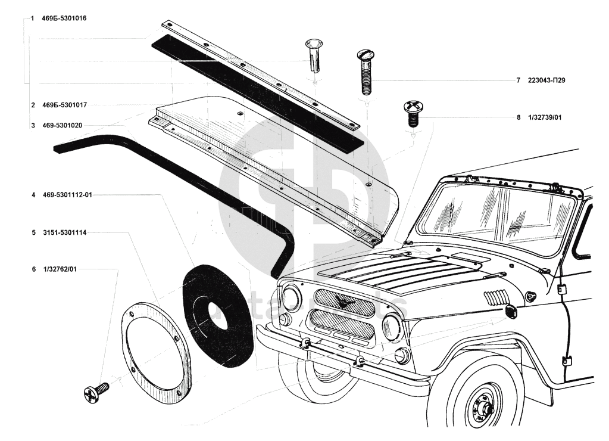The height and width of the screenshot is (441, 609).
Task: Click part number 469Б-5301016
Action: (x=64, y=19)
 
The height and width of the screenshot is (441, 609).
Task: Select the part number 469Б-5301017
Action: (x=64, y=105)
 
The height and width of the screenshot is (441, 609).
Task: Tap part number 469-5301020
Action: (x=62, y=126)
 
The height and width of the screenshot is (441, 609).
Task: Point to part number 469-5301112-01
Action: (x=70, y=195)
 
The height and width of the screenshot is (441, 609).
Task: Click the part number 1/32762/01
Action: (x=60, y=269)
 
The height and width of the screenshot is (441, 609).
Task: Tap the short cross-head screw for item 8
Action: (x=412, y=113)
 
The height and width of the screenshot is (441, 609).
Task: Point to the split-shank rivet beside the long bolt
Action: (x=314, y=56)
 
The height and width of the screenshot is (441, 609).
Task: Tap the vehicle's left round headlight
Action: (x=292, y=297)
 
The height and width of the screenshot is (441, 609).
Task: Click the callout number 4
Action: (x=33, y=195)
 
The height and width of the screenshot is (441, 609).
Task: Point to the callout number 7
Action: (x=518, y=80)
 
